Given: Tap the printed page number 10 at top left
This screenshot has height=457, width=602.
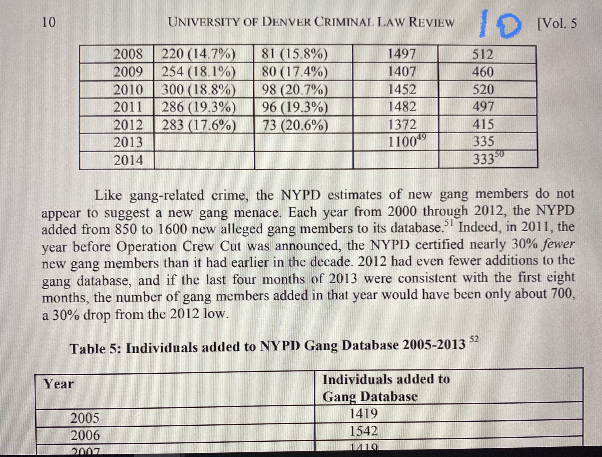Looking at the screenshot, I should point(48,22).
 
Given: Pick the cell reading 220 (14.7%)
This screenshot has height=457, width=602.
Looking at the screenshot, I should point(198,54).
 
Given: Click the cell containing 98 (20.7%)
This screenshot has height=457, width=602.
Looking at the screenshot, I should point(295,90).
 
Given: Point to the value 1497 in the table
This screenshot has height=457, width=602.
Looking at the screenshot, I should point(401,54).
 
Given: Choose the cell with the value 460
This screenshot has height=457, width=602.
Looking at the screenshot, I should point(483,72).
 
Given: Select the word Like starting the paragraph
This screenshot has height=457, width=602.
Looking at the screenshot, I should point(109,195).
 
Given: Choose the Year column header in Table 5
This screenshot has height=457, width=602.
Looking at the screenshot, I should point(59,384).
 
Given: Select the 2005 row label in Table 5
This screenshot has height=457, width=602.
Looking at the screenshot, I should point(85,418).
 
